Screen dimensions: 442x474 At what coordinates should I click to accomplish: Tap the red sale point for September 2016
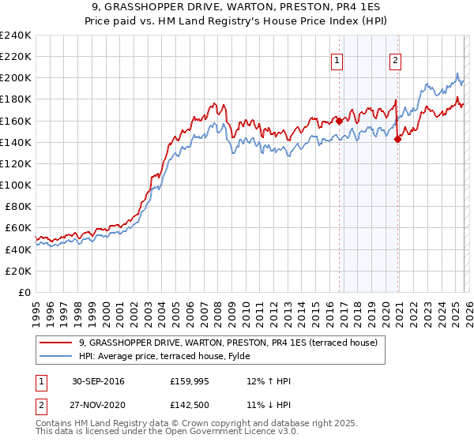click(x=339, y=122)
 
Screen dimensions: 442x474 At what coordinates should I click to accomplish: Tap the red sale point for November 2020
click(x=397, y=140)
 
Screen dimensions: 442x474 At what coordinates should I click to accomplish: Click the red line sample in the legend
click(x=57, y=343)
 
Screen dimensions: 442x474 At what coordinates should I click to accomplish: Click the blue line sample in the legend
click(x=57, y=356)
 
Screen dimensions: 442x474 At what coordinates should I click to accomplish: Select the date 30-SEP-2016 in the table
click(x=97, y=381)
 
